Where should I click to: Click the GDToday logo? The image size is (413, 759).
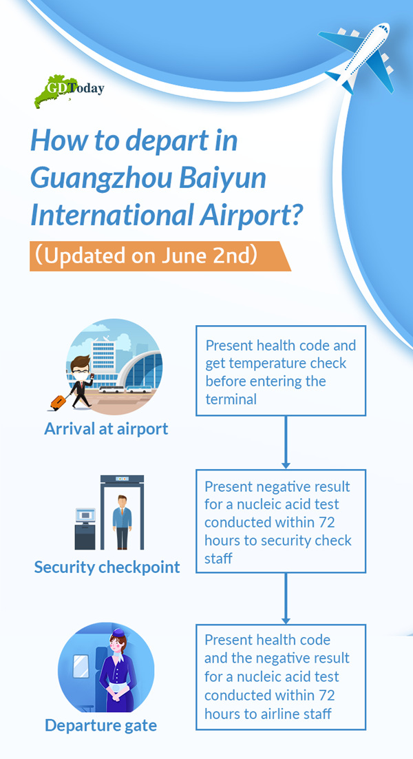69,90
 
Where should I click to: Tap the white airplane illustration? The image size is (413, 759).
358,57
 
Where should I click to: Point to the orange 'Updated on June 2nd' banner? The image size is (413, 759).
160,256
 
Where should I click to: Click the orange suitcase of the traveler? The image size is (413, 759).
58,402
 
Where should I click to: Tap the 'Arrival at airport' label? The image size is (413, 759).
107,429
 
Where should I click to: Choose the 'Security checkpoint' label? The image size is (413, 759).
107,567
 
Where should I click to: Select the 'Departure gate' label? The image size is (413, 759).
101,726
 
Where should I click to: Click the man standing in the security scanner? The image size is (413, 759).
122,521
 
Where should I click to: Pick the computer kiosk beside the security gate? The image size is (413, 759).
85,528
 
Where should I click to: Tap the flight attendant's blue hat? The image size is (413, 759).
118,633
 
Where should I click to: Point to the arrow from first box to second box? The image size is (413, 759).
286,442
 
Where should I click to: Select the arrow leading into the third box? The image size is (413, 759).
286,599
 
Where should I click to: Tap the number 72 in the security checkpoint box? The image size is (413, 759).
326,523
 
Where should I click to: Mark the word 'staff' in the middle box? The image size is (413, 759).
219,558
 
